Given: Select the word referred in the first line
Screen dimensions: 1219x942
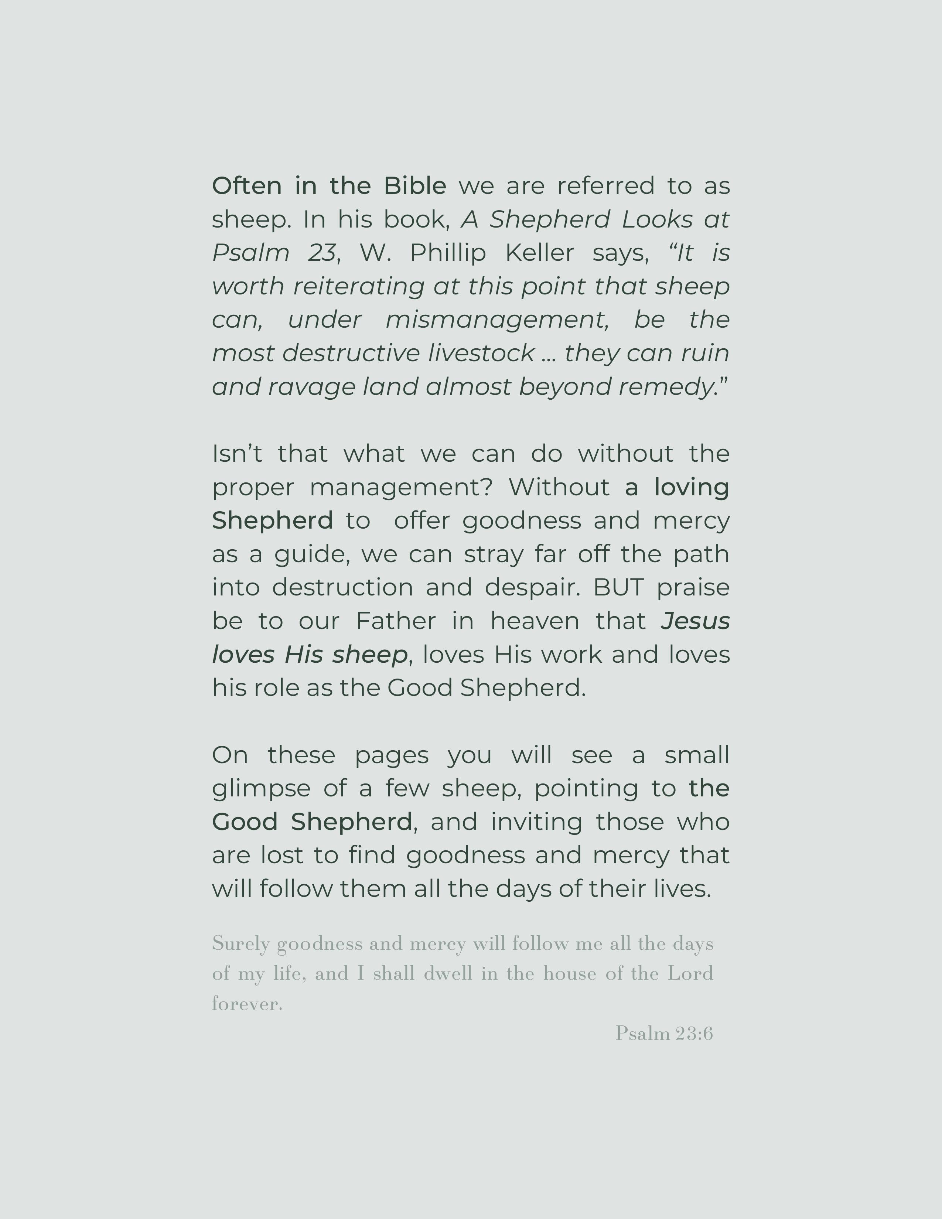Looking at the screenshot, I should [605, 186].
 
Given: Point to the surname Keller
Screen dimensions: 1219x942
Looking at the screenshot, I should [539, 253].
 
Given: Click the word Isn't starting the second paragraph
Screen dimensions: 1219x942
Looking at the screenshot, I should [237, 454].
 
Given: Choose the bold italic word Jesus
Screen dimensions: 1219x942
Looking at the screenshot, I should [695, 621].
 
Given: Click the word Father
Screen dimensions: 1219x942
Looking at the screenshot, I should [396, 621].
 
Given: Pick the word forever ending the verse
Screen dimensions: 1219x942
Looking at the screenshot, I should [247, 1004].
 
